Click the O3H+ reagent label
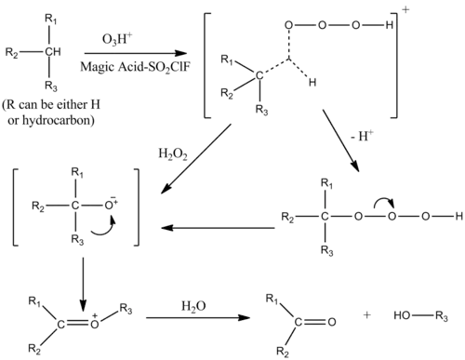(117, 39)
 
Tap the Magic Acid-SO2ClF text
(135, 67)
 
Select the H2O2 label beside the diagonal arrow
(173, 154)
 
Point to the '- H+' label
(362, 136)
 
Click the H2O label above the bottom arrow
(193, 307)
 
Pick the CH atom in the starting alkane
(53, 52)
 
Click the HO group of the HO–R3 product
(402, 315)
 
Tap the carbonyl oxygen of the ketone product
(332, 322)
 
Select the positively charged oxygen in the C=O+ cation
(95, 324)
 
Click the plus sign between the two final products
(366, 315)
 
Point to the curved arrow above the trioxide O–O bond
(384, 202)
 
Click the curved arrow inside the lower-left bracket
(103, 227)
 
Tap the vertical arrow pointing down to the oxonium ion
(83, 284)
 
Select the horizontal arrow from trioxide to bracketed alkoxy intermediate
(218, 228)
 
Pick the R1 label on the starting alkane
(51, 20)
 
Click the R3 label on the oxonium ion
(126, 309)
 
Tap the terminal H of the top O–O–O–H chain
(390, 25)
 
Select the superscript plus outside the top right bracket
(405, 10)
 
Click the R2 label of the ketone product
(283, 352)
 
